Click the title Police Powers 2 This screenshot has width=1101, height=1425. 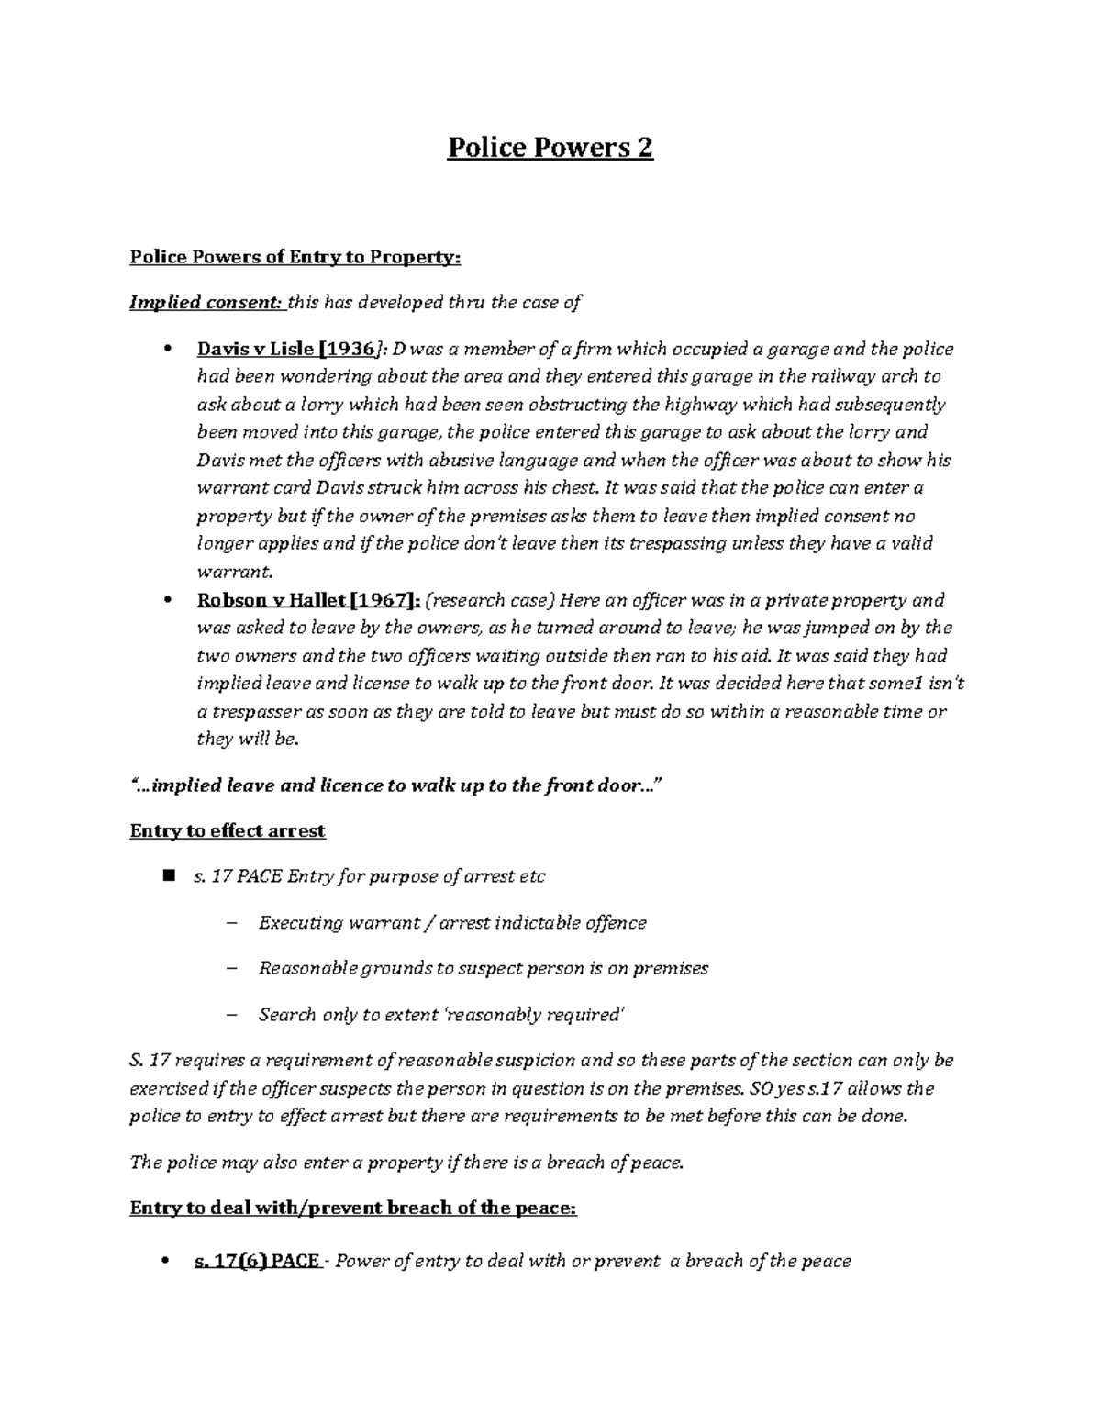(550, 149)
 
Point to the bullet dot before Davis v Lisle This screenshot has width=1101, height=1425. (166, 349)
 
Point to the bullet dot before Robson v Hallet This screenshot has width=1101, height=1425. (166, 600)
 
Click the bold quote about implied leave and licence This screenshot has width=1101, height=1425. (395, 785)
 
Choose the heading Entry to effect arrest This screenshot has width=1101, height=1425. (228, 830)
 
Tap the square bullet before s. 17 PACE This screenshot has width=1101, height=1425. (167, 875)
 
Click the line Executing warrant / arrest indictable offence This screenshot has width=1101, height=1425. (452, 923)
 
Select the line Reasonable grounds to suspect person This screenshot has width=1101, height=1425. (483, 968)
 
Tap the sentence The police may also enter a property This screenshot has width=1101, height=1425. (407, 1163)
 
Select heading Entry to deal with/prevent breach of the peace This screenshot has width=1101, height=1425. (353, 1208)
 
